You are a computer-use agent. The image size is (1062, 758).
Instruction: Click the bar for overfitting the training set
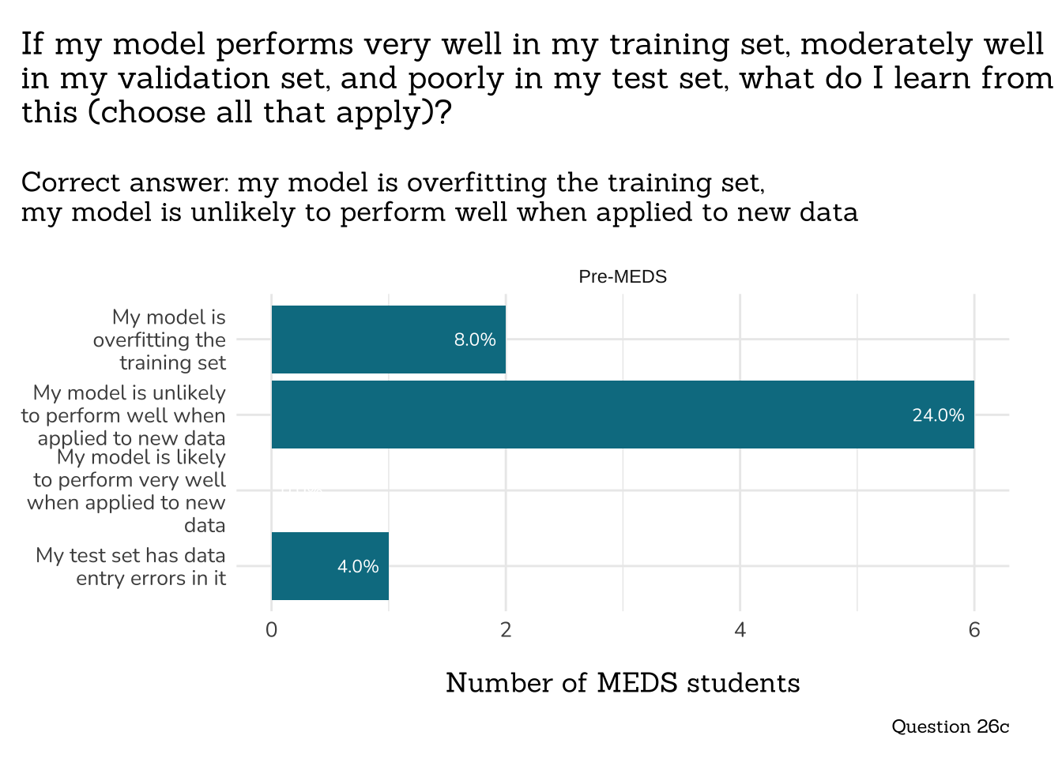[x=388, y=340]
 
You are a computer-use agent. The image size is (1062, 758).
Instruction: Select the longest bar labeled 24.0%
[x=623, y=415]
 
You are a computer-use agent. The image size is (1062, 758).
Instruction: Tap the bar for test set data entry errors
[x=330, y=566]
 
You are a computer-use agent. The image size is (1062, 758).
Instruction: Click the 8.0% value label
[x=475, y=340]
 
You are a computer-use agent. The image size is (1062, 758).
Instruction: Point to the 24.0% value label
[x=938, y=415]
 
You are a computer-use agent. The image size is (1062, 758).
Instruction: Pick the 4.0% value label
[x=358, y=566]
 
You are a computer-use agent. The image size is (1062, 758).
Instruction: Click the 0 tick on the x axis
[x=272, y=629]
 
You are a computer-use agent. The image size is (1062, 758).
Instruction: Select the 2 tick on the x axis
[x=506, y=629]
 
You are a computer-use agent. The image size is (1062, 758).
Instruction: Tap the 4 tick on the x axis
[x=740, y=629]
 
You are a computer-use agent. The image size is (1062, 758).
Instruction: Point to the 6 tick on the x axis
[x=973, y=629]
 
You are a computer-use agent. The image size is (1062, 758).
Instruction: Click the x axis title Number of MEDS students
[x=623, y=683]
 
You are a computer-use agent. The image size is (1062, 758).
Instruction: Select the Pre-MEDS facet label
[x=623, y=277]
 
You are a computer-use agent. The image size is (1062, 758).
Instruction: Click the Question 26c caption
[x=950, y=726]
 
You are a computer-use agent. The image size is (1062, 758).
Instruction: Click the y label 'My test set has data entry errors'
[x=131, y=566]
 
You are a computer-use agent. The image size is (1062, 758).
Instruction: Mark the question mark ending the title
[x=443, y=113]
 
